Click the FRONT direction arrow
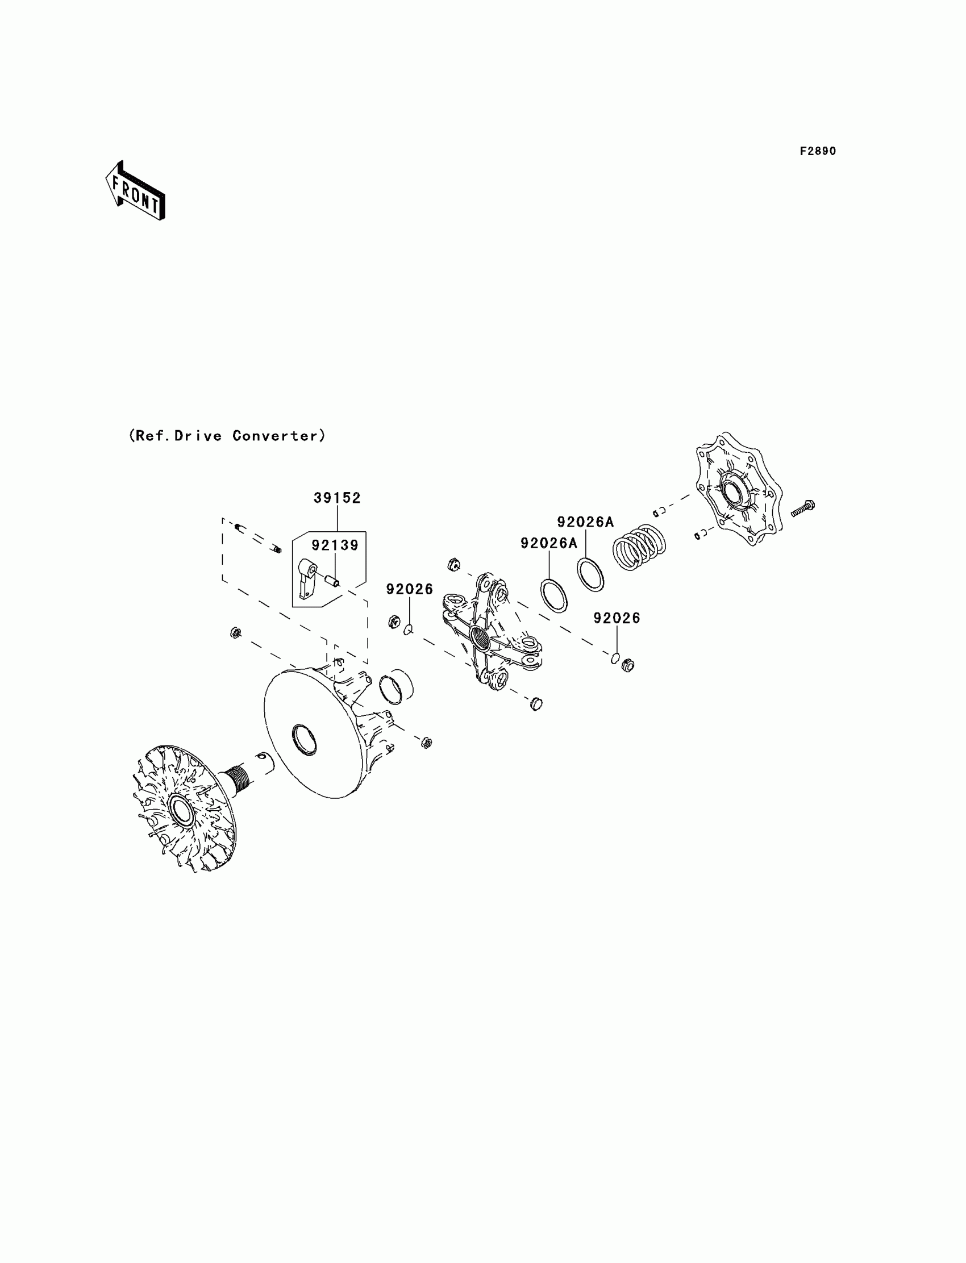136,191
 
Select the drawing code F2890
818,151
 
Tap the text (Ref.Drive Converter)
227,436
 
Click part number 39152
337,498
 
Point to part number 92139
335,544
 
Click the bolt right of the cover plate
803,508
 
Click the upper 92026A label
585,522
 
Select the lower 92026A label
548,543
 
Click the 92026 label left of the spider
409,589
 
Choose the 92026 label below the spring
617,618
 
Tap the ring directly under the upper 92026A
590,574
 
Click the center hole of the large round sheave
304,739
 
